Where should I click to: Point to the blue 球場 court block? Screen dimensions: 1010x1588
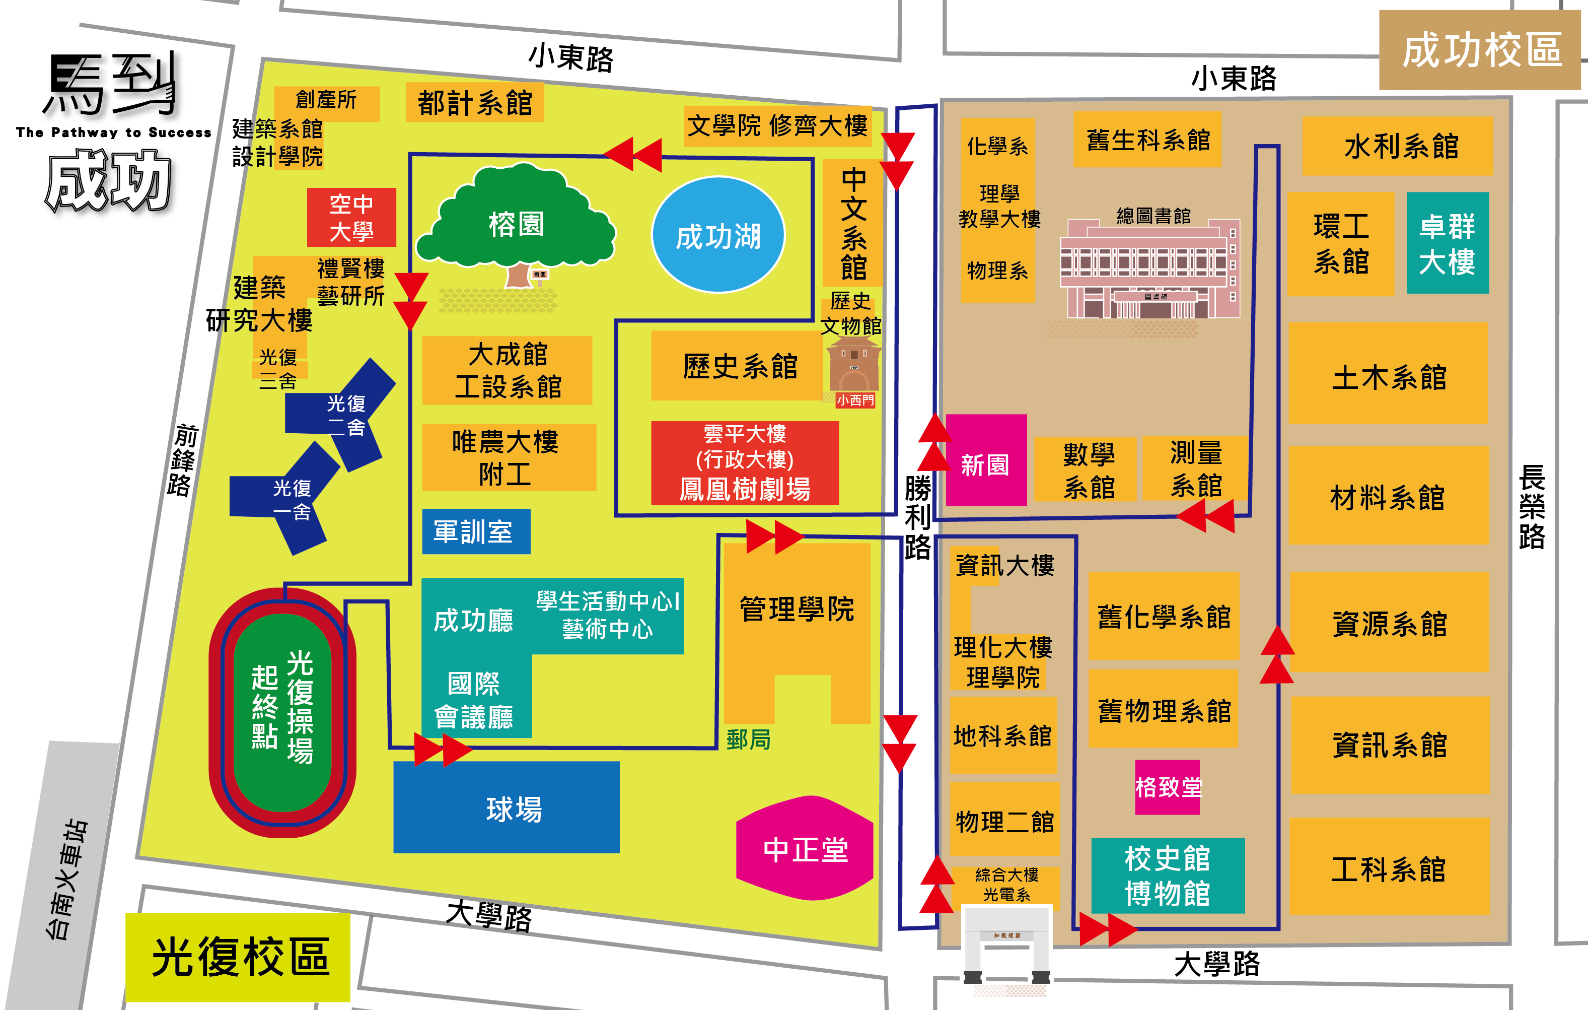click(x=507, y=807)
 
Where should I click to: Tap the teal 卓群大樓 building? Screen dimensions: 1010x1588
click(x=1448, y=243)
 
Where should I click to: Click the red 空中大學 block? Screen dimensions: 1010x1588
click(x=351, y=217)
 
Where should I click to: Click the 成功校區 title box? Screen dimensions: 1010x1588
click(x=1481, y=51)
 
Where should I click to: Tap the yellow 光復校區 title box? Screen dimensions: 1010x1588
click(x=238, y=957)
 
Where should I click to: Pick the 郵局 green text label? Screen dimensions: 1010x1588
click(x=749, y=739)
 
